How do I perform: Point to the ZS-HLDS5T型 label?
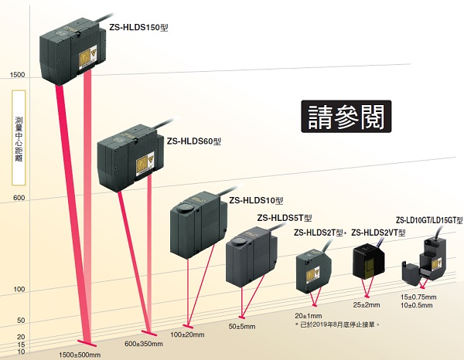pyautogui.click(x=284, y=218)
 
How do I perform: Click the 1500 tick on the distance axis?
pyautogui.click(x=16, y=76)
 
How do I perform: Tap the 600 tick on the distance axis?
pyautogui.click(x=19, y=199)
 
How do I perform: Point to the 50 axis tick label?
pyautogui.click(x=21, y=321)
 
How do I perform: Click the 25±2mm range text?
pyautogui.click(x=367, y=304)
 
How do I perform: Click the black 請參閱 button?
pyautogui.click(x=345, y=117)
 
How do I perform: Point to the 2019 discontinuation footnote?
pyautogui.click(x=339, y=324)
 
